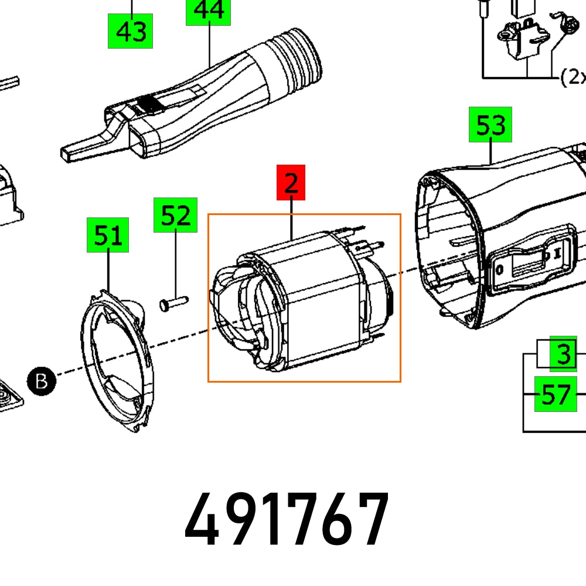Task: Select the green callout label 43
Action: click(x=130, y=30)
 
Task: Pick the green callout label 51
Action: click(x=108, y=235)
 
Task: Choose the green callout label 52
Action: click(x=175, y=215)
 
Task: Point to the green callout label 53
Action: click(x=490, y=124)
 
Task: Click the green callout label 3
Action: click(x=563, y=355)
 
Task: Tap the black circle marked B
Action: click(x=42, y=381)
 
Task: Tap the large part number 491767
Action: click(x=287, y=519)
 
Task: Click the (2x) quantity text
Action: click(x=573, y=77)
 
